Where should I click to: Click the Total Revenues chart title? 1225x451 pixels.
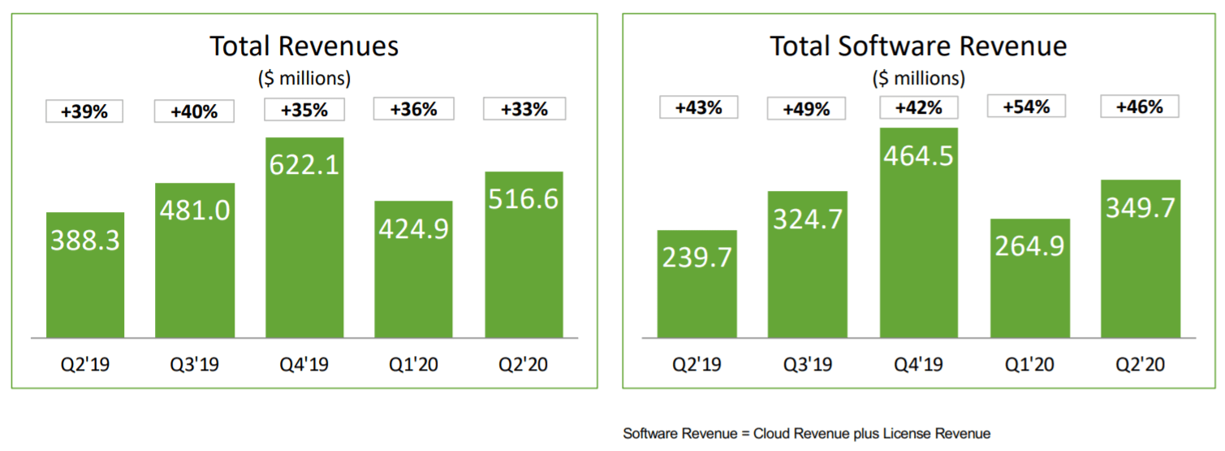[304, 46]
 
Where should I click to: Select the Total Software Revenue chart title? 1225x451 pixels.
[918, 46]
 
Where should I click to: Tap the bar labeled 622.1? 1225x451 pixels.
[304, 244]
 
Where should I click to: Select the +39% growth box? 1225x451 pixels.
[84, 111]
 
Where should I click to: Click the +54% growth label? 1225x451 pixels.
[1027, 106]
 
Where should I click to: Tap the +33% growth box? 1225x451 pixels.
[524, 109]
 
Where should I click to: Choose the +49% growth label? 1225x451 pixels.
[806, 109]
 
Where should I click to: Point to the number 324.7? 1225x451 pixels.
[808, 219]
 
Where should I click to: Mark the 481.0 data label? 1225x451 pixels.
[195, 210]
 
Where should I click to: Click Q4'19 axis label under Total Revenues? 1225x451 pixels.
[304, 364]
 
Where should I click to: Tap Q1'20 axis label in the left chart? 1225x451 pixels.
[414, 364]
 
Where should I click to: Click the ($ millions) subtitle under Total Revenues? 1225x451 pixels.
[304, 78]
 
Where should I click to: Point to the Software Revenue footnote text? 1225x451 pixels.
[806, 433]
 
